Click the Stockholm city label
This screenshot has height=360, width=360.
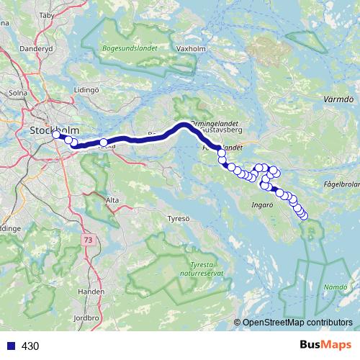pyautogui.click(x=53, y=130)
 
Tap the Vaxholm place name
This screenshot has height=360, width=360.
pyautogui.click(x=190, y=50)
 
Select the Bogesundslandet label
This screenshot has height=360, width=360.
pyautogui.click(x=130, y=49)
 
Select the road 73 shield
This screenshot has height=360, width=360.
pyautogui.click(x=89, y=239)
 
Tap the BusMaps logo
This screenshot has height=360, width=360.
pyautogui.click(x=327, y=346)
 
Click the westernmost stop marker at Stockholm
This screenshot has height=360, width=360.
pyautogui.click(x=56, y=134)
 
